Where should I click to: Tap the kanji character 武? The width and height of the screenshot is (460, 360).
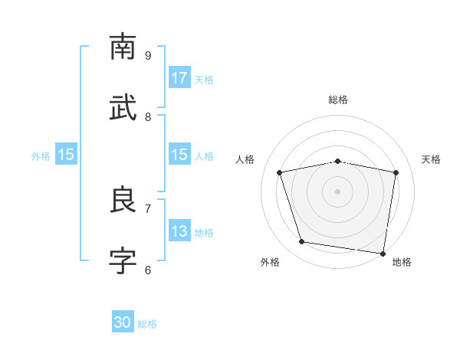(x=123, y=108)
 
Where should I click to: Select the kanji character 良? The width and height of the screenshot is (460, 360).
(x=123, y=200)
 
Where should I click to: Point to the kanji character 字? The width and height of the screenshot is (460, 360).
(x=123, y=261)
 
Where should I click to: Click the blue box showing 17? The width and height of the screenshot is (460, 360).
(x=179, y=78)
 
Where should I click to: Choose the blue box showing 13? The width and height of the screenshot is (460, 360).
(x=179, y=231)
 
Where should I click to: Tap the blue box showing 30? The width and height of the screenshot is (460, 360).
(x=123, y=322)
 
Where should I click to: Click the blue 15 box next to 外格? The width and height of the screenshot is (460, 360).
(x=66, y=155)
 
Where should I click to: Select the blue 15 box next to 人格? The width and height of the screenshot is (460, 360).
(x=179, y=155)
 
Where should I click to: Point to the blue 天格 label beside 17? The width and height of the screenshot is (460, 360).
(x=204, y=79)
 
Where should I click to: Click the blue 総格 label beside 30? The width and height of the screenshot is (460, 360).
(x=147, y=324)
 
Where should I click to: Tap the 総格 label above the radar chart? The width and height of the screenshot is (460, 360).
(x=338, y=100)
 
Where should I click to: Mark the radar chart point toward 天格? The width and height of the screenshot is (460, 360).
(x=396, y=172)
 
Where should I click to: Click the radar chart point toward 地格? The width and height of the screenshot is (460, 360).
(x=383, y=253)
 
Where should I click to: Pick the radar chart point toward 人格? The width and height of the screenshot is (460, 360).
(x=280, y=172)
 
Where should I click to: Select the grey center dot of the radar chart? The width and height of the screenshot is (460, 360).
(x=338, y=191)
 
